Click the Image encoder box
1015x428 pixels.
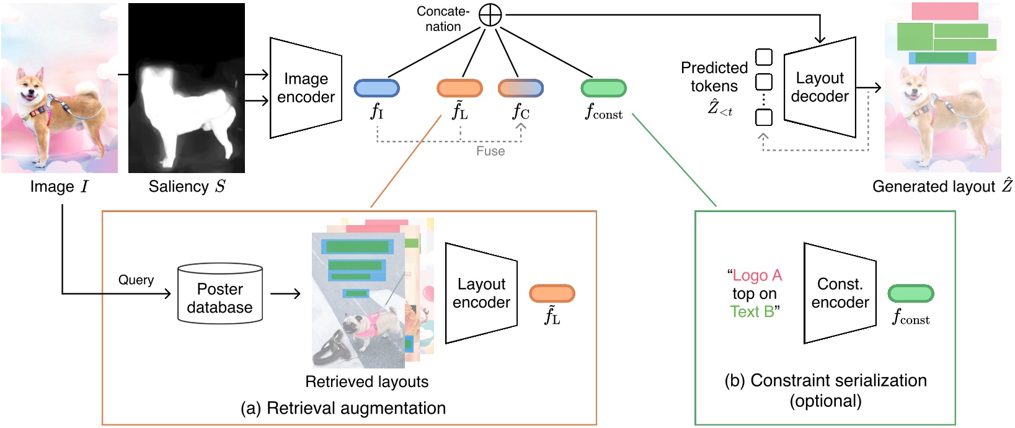(306, 88)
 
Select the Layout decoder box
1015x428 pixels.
(820, 87)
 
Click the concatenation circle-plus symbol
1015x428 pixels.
(490, 16)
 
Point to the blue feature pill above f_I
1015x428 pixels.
(376, 88)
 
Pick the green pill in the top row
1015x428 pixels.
(603, 88)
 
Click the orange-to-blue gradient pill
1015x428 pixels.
(521, 88)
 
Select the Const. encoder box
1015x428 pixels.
(840, 293)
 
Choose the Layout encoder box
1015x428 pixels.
(481, 293)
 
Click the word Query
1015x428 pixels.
(136, 280)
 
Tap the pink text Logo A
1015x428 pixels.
(757, 275)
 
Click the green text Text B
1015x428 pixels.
(752, 311)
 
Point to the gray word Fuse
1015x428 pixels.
(490, 151)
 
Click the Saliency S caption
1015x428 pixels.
(187, 187)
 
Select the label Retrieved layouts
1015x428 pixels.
(366, 381)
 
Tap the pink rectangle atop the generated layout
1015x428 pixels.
(944, 11)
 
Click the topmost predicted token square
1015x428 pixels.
(764, 57)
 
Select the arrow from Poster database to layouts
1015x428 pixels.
(285, 293)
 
